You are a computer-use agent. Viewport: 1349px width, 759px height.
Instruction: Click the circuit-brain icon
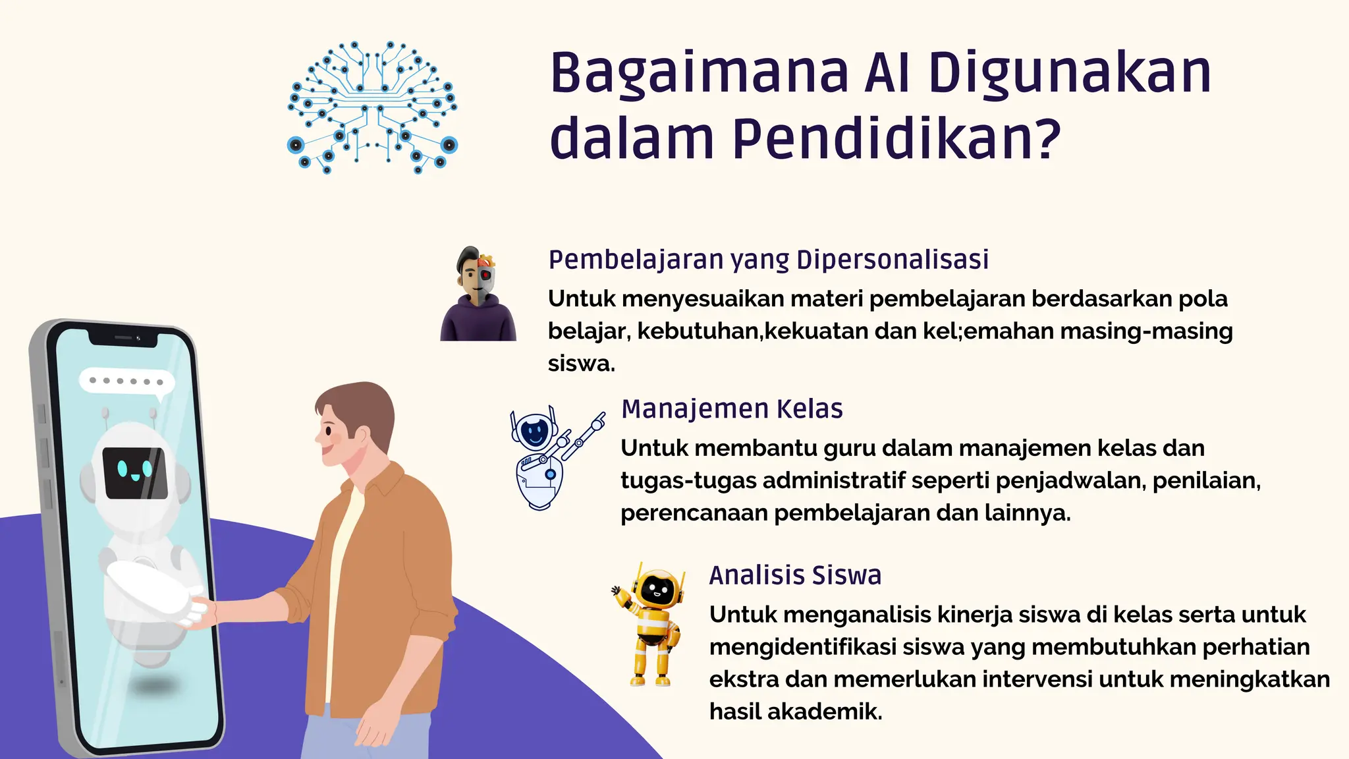click(373, 107)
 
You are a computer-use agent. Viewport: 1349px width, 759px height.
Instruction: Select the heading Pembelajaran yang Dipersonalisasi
click(768, 260)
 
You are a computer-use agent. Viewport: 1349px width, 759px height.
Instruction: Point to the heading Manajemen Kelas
click(732, 409)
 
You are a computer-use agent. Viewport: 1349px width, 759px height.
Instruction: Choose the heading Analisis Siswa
click(795, 575)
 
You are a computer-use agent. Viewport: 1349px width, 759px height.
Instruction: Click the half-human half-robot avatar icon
click(478, 295)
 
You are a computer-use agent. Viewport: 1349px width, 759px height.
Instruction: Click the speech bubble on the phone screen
click(126, 382)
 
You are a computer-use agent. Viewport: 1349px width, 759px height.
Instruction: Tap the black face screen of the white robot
click(135, 472)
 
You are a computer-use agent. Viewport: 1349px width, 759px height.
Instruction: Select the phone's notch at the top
click(124, 339)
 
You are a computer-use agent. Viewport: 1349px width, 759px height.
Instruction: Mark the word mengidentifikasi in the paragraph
click(802, 647)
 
